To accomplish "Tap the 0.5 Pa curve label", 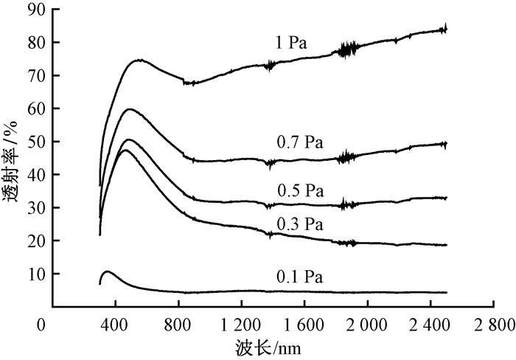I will coord(300,191).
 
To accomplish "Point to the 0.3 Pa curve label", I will coord(300,223).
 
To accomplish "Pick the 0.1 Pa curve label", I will coord(300,277).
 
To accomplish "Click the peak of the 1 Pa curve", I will coord(139,60).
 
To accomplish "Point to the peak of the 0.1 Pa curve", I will coord(108,271).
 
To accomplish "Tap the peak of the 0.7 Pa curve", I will coord(130,109).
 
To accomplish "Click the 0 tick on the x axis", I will coord(46,325).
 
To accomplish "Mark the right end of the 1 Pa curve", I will coord(447,29).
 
